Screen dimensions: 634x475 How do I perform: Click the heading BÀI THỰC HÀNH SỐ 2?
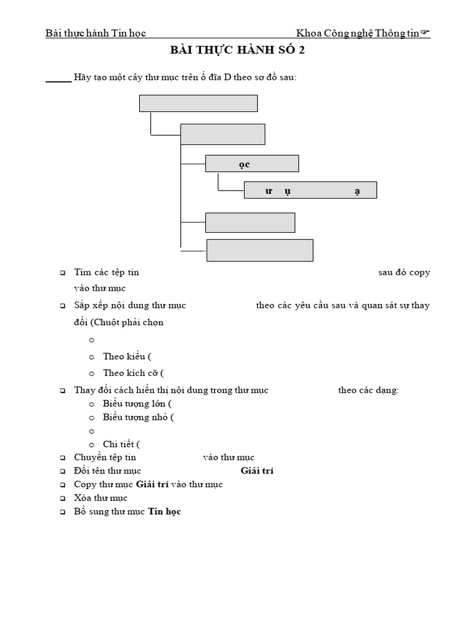coord(237,51)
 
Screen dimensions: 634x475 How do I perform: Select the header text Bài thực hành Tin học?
coord(96,33)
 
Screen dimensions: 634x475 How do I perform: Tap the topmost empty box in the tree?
coord(198,103)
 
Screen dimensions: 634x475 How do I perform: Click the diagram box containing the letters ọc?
coord(252,163)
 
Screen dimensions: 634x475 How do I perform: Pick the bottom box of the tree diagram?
coord(260,250)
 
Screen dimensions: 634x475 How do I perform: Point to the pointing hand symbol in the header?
coord(426,33)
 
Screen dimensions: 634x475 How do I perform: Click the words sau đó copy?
coord(404,272)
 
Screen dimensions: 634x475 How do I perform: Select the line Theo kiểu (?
coord(127,356)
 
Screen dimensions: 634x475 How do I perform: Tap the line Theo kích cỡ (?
coord(133,373)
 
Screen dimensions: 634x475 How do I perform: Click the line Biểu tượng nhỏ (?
coord(139,417)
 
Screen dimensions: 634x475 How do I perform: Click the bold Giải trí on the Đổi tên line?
coord(257,471)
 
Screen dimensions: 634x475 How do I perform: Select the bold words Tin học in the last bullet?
coord(165,511)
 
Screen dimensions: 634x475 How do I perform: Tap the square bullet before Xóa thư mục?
coord(62,498)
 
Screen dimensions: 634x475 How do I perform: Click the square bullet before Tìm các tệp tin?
coord(62,273)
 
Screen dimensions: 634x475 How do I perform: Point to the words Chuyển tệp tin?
coord(105,458)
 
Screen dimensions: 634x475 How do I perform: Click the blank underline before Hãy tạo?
coord(58,81)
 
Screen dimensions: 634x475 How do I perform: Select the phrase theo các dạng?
coord(369,390)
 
